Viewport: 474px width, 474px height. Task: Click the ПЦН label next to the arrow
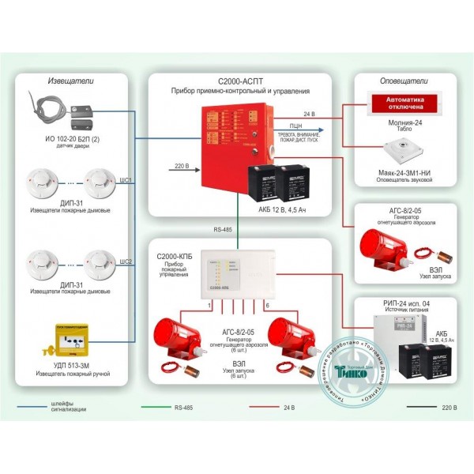point(295,126)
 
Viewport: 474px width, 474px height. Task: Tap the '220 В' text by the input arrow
point(180,166)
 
